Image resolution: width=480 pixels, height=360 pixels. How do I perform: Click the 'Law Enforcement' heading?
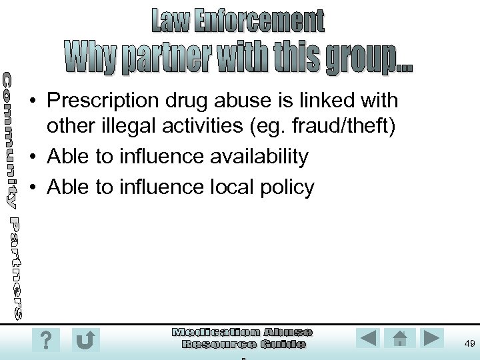point(239,21)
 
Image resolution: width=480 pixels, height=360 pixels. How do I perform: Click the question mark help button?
point(45,340)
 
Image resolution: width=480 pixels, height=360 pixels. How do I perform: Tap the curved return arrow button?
point(86,340)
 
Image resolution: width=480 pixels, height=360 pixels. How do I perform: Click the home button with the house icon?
point(400,338)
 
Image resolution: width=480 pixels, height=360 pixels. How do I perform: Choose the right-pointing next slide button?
point(432,338)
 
